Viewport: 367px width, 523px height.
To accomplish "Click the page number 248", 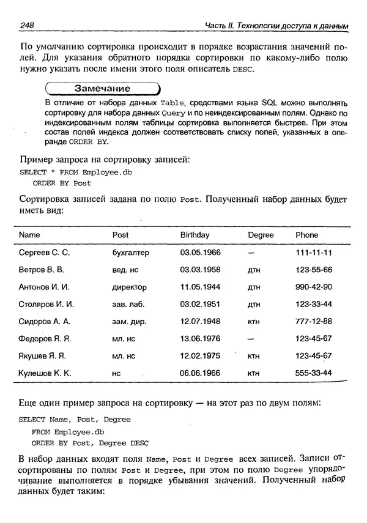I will (x=26, y=25).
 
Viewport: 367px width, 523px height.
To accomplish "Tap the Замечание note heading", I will (x=102, y=89).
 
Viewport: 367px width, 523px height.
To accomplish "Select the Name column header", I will (x=29, y=235).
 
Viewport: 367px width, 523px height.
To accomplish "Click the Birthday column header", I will (x=195, y=235).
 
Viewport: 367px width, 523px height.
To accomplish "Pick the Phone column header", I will (x=307, y=235).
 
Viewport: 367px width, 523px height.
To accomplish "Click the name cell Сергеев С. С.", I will (x=45, y=253).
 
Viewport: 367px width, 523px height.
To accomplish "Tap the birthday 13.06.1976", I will (x=200, y=338).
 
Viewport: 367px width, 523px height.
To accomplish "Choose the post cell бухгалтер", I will (x=131, y=253).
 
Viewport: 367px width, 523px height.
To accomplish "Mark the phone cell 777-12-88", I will (x=314, y=321).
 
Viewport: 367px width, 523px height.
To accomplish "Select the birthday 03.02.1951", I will (x=200, y=304).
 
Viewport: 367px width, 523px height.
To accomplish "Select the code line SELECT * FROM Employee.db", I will (x=76, y=172).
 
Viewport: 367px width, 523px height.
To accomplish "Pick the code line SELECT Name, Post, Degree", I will (x=75, y=420).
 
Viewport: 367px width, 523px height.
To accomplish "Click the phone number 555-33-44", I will (x=314, y=373).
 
